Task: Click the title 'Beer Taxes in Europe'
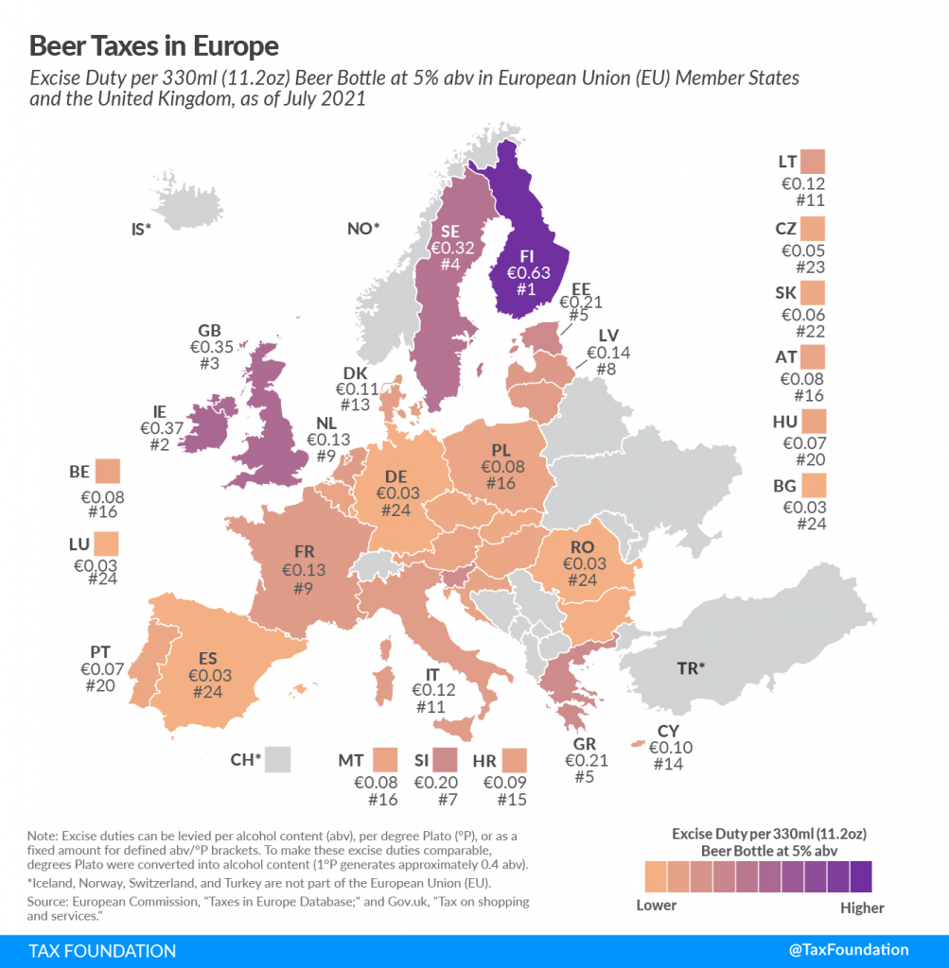(154, 45)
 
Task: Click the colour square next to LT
(812, 162)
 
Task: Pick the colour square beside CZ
(812, 229)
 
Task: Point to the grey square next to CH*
(277, 758)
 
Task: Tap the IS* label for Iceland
(142, 229)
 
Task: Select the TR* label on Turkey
(691, 668)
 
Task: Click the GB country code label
(209, 331)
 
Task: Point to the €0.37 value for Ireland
(160, 428)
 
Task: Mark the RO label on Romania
(582, 546)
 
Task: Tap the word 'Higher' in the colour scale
(861, 907)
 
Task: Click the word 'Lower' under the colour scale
(657, 906)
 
